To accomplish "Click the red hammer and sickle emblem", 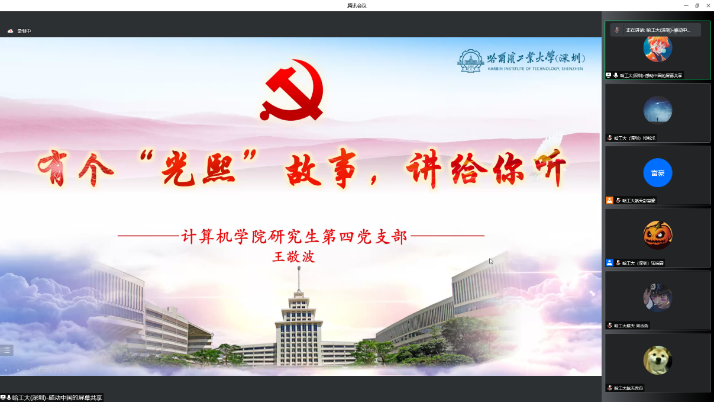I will pos(292,89).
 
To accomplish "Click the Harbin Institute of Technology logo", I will pos(471,60).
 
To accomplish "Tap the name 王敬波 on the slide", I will pos(293,257).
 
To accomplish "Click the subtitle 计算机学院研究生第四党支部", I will pos(294,237).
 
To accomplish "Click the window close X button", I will pos(708,5).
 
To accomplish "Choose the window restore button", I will pos(697,5).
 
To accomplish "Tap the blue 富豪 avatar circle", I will pos(658,173).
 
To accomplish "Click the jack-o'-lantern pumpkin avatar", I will pos(658,235).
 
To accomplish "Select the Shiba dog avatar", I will pos(658,360).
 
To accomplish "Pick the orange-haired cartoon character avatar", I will pos(658,48).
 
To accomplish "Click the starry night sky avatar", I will pos(658,110).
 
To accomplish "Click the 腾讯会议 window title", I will pos(357,5).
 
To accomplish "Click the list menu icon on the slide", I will pos(7,350).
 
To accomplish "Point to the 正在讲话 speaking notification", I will pos(655,30).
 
